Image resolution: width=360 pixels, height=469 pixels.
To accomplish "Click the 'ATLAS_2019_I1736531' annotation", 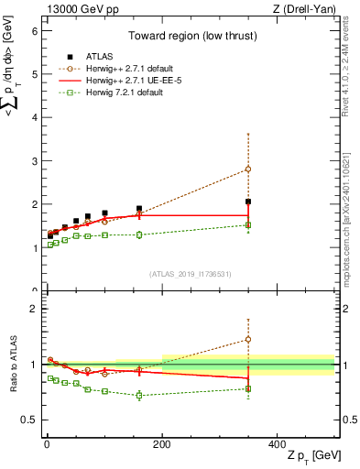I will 190,274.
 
